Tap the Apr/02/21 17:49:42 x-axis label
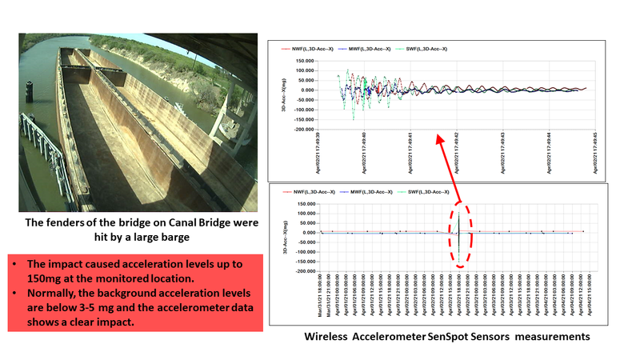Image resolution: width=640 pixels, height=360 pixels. [x=457, y=148]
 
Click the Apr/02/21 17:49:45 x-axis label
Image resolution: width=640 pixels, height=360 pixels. [x=594, y=148]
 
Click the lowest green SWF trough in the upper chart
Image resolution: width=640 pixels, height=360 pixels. [x=354, y=118]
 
